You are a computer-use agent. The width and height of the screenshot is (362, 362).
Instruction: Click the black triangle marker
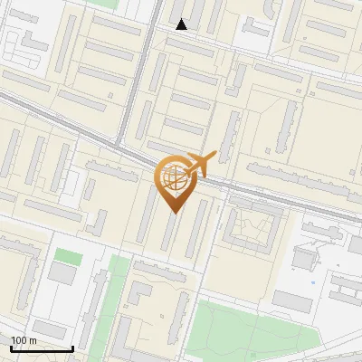182,25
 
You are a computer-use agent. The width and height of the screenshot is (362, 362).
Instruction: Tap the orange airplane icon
200,164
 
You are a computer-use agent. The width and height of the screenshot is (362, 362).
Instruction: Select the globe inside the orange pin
174,178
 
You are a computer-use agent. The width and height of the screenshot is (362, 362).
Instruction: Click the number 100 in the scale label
20,340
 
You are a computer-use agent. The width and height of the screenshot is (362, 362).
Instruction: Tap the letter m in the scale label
33,340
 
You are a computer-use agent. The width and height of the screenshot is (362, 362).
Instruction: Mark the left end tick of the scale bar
11,348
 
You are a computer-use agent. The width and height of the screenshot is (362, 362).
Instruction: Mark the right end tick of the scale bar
72,348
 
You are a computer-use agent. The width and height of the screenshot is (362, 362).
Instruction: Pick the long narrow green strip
115,299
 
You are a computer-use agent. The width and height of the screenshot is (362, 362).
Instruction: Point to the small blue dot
313,281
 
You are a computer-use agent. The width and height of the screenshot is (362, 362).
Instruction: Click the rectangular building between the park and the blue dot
291,300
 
